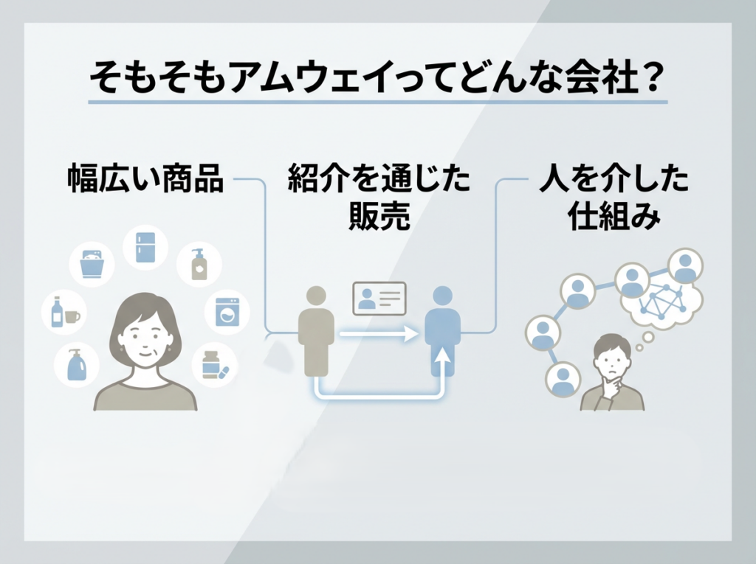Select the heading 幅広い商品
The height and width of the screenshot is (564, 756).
(145, 178)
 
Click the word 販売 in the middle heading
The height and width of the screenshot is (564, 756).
(379, 215)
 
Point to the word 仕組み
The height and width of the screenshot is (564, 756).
(614, 215)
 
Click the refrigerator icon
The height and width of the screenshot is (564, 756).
(145, 248)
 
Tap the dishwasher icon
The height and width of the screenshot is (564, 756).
(92, 264)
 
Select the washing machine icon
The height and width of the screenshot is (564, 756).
(227, 312)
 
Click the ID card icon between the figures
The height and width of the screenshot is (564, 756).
(379, 299)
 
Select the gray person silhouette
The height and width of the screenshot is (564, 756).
(316, 331)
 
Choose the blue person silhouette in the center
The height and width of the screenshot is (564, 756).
(443, 331)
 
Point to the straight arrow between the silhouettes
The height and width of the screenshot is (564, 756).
(379, 333)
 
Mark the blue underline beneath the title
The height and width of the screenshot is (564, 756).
(378, 102)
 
